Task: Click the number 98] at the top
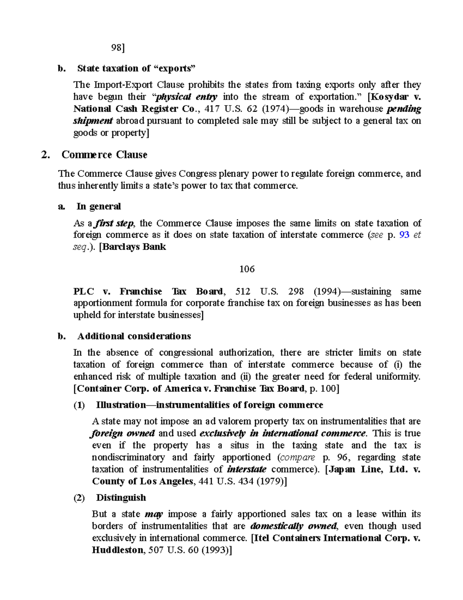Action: (x=118, y=48)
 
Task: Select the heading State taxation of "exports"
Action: (x=136, y=68)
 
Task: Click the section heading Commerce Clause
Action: (x=104, y=155)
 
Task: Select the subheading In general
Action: (x=98, y=206)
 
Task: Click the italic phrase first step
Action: (x=115, y=223)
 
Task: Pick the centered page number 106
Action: (x=247, y=269)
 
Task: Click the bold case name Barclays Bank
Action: (x=133, y=247)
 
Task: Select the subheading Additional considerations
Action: (x=134, y=336)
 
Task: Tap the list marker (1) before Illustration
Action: (x=79, y=405)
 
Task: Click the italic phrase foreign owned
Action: (x=123, y=433)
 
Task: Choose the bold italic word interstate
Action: (x=247, y=469)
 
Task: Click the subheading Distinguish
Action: (x=121, y=498)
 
